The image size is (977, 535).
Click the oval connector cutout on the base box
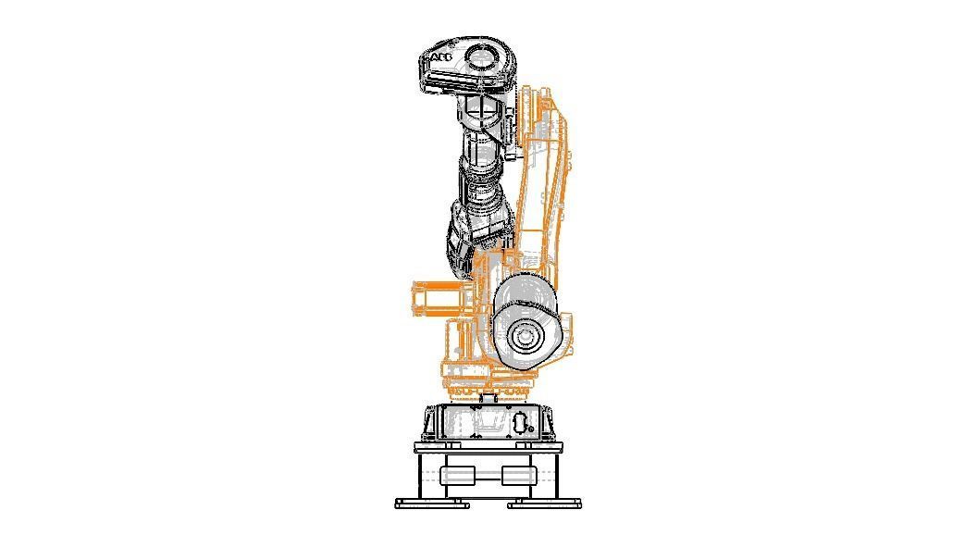pos(520,423)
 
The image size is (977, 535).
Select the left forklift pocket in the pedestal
pos(457,476)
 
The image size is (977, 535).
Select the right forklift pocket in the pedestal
pos(518,476)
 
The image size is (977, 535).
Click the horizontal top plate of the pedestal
pos(488,448)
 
